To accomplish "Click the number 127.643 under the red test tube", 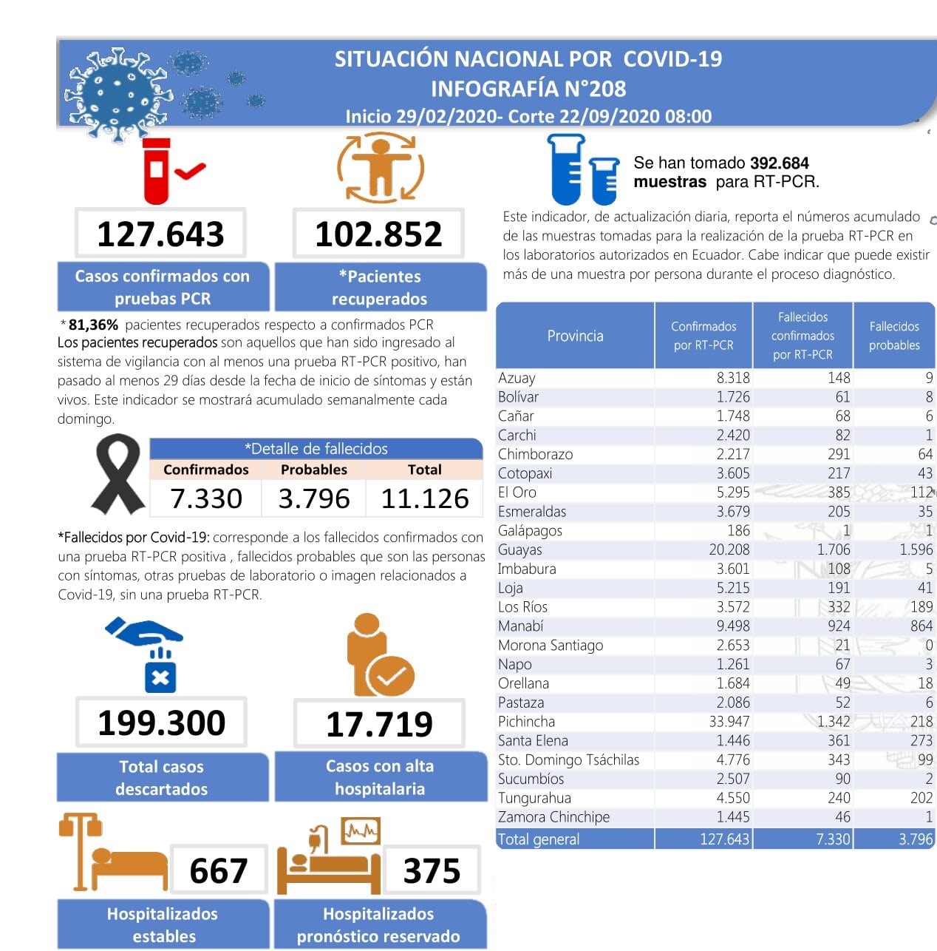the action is click(x=160, y=234).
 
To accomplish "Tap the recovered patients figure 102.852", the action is click(x=378, y=234).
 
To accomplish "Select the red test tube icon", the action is click(x=157, y=171).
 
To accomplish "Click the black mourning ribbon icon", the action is click(x=118, y=474).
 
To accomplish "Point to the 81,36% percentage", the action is click(x=93, y=325).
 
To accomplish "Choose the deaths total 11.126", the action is click(x=425, y=498).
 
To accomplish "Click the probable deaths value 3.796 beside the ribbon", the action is click(x=314, y=498).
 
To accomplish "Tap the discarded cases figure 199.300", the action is click(x=161, y=723).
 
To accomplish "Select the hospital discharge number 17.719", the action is click(x=379, y=724).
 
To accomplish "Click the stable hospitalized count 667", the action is click(x=219, y=870).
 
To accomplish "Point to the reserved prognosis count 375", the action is click(x=432, y=870).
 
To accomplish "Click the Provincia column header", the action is click(x=575, y=336).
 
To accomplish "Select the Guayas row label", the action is click(x=519, y=549).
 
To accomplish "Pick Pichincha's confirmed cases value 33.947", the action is click(x=729, y=722).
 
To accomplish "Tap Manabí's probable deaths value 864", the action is click(x=921, y=626).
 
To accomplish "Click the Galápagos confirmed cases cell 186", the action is click(x=738, y=530).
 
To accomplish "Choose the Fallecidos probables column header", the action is click(x=894, y=336).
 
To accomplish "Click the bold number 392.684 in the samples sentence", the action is click(x=779, y=163).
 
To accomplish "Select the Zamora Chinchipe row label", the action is click(x=553, y=817).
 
